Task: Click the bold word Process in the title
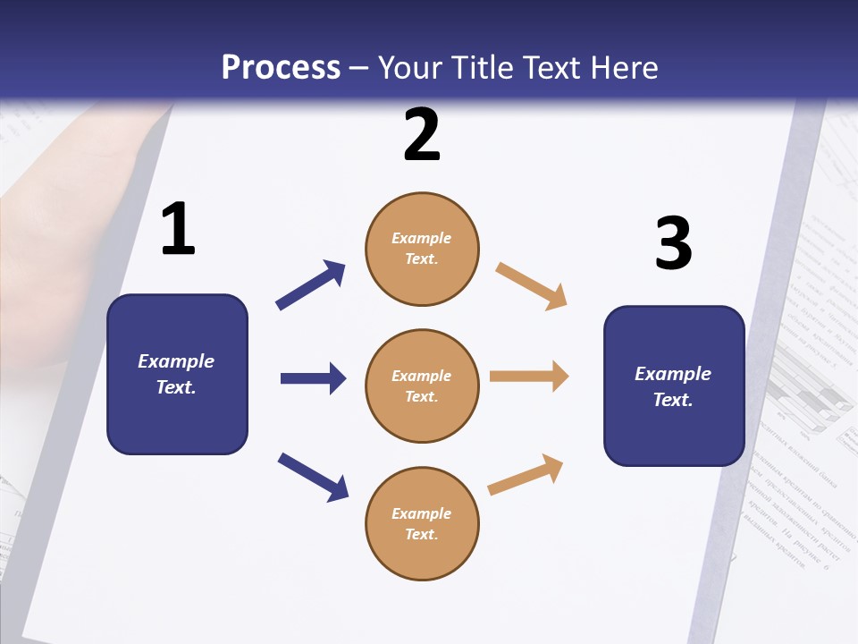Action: (x=281, y=68)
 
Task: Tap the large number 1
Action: (x=178, y=229)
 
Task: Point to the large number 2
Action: (x=422, y=135)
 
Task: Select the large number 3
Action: (x=673, y=243)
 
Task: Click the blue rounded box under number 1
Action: (x=177, y=374)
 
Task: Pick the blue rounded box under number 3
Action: (x=674, y=386)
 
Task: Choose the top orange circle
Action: (x=422, y=249)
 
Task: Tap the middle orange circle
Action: (x=422, y=386)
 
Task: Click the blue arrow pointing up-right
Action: (x=311, y=285)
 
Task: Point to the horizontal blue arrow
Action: (x=313, y=378)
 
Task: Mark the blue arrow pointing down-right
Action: (x=313, y=476)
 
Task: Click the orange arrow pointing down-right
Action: (x=531, y=285)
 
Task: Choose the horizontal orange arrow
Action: (x=529, y=377)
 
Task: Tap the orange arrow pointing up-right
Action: (x=526, y=474)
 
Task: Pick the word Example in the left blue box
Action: (x=176, y=361)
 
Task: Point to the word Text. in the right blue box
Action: (x=673, y=400)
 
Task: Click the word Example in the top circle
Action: (x=422, y=239)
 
